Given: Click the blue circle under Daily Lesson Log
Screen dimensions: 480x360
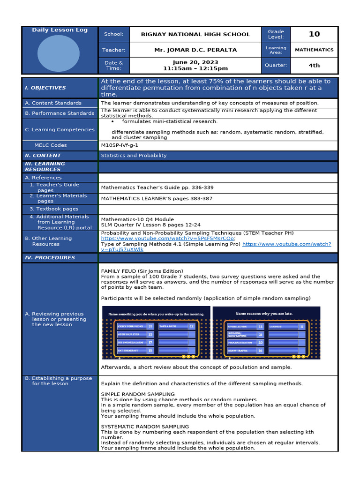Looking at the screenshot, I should tap(59, 53).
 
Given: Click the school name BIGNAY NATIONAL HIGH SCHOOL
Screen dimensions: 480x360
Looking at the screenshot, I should tap(195, 34).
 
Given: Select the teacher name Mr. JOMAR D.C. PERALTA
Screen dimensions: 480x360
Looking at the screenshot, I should tap(195, 50).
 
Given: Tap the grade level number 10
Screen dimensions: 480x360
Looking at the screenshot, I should tap(314, 34).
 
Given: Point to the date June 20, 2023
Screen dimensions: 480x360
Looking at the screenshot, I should tap(195, 62).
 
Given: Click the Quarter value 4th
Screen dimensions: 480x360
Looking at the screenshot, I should tap(314, 66).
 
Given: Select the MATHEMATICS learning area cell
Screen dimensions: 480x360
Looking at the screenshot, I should tap(314, 50).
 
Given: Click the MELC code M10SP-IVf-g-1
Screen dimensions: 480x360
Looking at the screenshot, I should tap(120, 145).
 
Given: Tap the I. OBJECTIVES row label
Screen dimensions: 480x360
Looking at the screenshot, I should tap(45, 88).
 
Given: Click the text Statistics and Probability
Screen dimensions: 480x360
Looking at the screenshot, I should tap(134, 156).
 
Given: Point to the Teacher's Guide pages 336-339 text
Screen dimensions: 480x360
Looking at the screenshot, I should tap(157, 187).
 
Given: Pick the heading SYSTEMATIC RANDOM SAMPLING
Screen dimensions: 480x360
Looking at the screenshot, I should tap(145, 427).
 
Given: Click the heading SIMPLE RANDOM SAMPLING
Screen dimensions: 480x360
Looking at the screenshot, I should tap(138, 394).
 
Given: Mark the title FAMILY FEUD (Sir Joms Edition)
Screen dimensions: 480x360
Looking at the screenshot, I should tap(142, 271).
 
